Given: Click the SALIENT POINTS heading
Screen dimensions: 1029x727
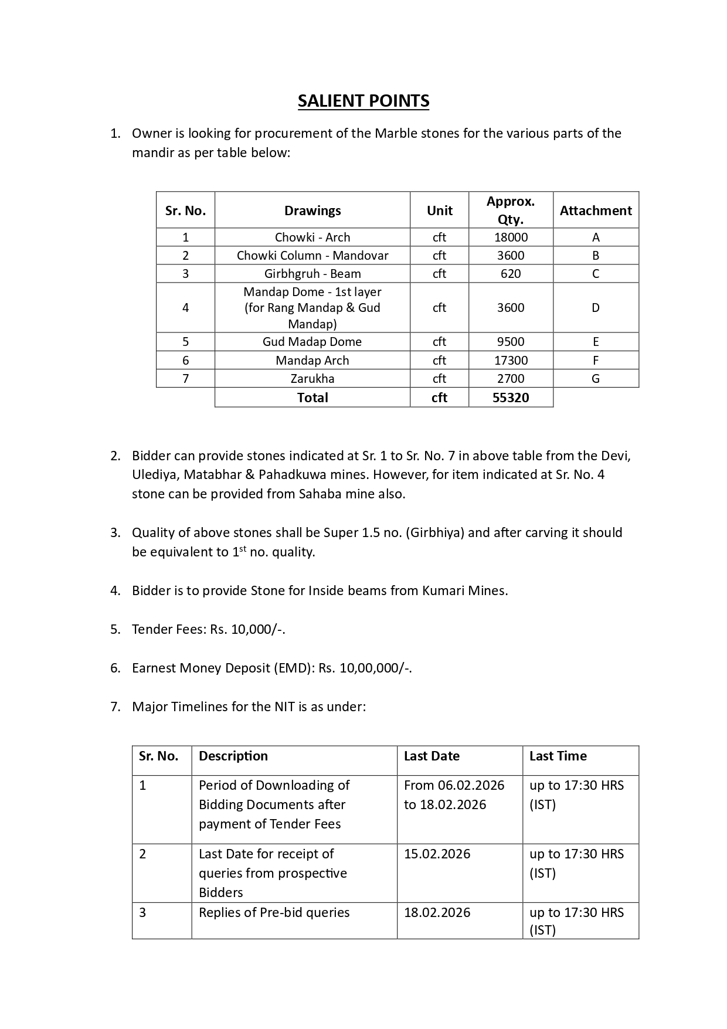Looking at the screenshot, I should pyautogui.click(x=363, y=101).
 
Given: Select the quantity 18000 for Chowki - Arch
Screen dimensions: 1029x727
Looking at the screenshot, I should pyautogui.click(x=511, y=237).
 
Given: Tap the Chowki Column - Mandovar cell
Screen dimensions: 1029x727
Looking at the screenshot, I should pyautogui.click(x=312, y=256).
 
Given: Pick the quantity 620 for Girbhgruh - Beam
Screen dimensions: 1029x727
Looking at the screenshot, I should pyautogui.click(x=511, y=274).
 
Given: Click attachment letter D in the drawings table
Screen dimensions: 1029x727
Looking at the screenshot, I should pyautogui.click(x=596, y=308).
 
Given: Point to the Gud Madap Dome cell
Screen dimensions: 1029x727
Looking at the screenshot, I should pyautogui.click(x=312, y=342).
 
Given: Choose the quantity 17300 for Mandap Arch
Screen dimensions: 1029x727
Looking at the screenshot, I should pyautogui.click(x=511, y=361).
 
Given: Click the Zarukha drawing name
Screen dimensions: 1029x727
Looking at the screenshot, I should pyautogui.click(x=312, y=379).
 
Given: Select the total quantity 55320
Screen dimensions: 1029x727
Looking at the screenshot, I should pyautogui.click(x=511, y=398).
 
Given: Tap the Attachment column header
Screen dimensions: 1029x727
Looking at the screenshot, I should pyautogui.click(x=596, y=210).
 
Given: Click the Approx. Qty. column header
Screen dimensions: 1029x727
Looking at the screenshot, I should pyautogui.click(x=511, y=210).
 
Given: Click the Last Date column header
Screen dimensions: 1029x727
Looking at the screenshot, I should pyautogui.click(x=432, y=756).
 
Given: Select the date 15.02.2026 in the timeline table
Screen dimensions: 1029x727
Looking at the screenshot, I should pyautogui.click(x=437, y=854).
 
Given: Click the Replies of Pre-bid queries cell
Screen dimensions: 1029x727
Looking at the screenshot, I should pyautogui.click(x=274, y=912).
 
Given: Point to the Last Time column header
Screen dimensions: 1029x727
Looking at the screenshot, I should pyautogui.click(x=558, y=756).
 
